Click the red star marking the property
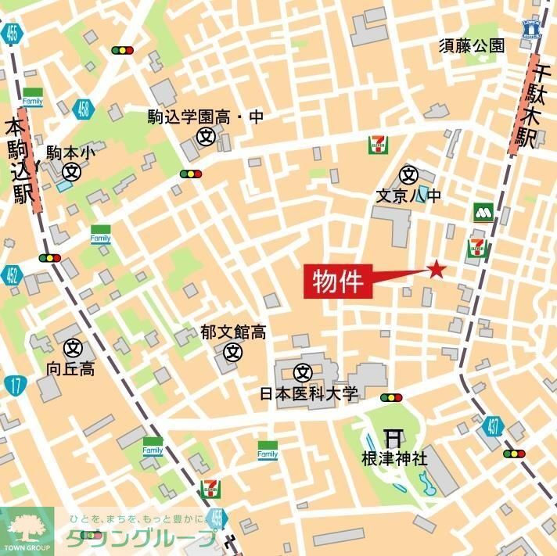(436, 270)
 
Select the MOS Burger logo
(483, 212)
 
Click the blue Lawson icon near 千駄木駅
(531, 28)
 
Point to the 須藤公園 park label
(471, 46)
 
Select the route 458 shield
(81, 108)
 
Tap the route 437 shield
(492, 427)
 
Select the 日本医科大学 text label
(308, 393)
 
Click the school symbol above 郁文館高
(232, 352)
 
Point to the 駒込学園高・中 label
(207, 117)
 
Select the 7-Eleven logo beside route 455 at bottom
(210, 489)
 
